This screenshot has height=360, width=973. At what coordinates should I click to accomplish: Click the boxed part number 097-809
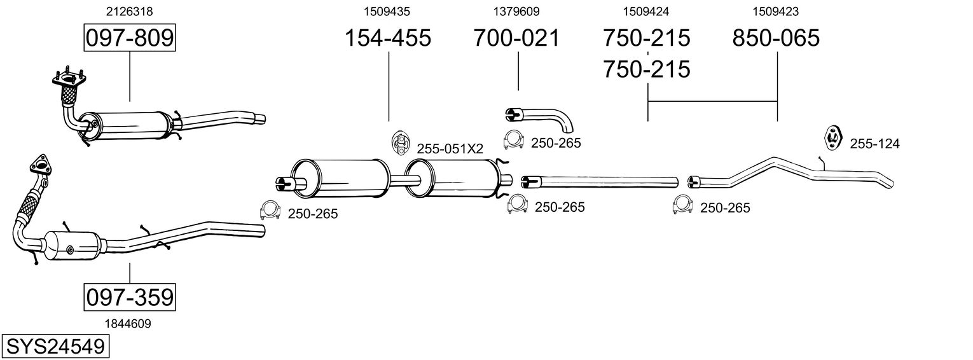coord(130,38)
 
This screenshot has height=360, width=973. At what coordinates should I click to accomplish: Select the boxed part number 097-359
coord(130,297)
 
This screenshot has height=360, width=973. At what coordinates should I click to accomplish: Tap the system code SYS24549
coord(55,347)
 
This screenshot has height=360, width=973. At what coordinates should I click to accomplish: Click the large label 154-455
coord(387,38)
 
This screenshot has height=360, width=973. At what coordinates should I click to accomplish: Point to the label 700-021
coord(516,38)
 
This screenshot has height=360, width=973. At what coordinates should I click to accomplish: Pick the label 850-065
coord(776,38)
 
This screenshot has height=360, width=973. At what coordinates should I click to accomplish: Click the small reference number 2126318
coord(130,11)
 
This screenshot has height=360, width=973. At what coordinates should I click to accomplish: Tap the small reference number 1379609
coord(516,11)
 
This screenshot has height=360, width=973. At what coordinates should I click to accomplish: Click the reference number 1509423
coord(776,11)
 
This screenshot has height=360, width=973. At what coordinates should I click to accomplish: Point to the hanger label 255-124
coord(874,144)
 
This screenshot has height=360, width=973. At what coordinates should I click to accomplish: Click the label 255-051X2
coord(450,149)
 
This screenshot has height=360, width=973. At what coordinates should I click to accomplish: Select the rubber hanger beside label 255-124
coord(832,137)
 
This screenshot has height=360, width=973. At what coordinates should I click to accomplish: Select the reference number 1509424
coord(646,11)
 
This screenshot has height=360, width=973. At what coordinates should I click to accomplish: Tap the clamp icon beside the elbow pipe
coord(513,141)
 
